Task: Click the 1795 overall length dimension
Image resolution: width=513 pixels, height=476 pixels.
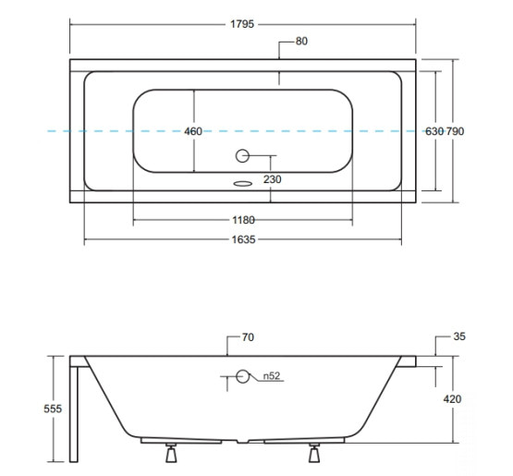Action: pos(242,24)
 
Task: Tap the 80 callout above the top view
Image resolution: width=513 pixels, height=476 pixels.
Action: pos(301,42)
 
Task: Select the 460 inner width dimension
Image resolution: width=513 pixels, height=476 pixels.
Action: pos(193,131)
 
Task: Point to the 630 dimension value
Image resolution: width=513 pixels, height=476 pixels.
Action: pos(434,131)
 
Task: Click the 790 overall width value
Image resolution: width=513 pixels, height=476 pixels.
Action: pos(456,131)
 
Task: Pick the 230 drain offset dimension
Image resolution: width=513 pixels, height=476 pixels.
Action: pos(272,179)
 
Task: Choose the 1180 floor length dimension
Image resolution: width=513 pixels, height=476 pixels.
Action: pos(243,220)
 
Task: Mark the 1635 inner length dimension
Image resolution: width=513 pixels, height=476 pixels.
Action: pos(243,239)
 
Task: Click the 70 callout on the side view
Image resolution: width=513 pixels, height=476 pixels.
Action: pos(248,337)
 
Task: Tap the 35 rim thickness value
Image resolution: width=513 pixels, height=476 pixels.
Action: pos(459,336)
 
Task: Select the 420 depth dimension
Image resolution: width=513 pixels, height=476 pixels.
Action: pos(452,399)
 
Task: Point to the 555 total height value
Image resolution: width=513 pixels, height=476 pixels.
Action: pos(53,409)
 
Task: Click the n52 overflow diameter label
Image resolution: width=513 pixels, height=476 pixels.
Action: pos(272,376)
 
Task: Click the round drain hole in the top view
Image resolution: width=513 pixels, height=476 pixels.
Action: pos(242,155)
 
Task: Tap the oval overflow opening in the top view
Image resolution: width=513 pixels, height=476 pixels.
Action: pos(243,184)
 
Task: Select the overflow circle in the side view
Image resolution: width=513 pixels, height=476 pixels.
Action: pos(242,376)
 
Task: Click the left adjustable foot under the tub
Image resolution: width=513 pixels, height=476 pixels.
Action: pos(171,453)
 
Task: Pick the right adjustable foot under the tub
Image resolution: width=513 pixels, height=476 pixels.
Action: pos(314,453)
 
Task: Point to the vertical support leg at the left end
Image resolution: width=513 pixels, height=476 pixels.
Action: pos(74,414)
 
